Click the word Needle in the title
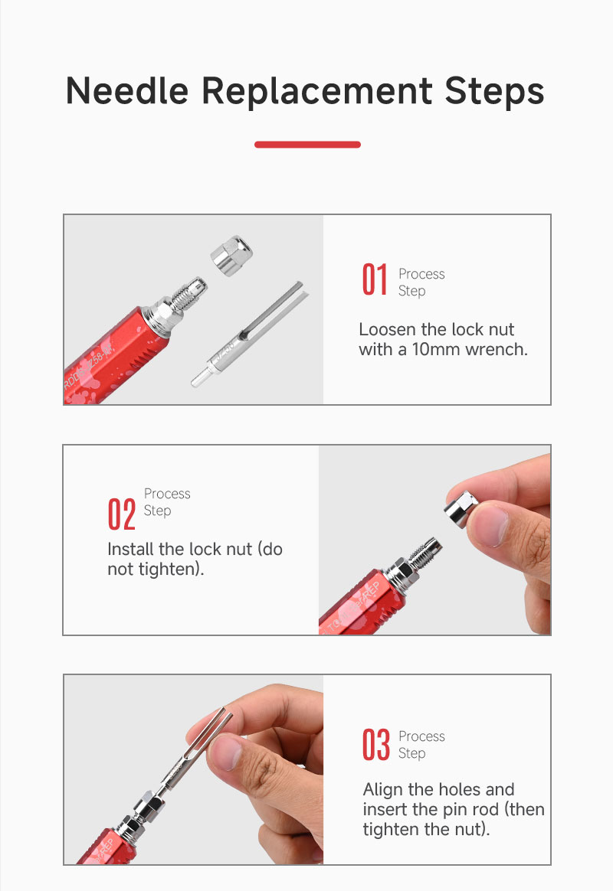(126, 91)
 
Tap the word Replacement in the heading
(316, 92)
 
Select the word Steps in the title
(495, 92)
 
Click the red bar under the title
(307, 145)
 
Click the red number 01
(375, 279)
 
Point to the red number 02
(121, 514)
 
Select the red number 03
(376, 744)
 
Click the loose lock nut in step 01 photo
(231, 255)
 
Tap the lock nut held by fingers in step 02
(461, 509)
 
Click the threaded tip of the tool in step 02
(425, 553)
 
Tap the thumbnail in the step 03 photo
(226, 752)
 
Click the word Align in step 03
(383, 790)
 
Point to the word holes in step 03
(451, 790)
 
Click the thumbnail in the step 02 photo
(488, 526)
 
